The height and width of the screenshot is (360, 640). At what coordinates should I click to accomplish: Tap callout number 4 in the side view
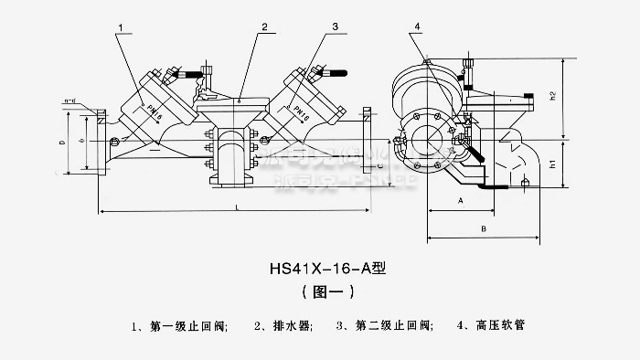click(417, 27)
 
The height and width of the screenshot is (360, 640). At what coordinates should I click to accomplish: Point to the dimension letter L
click(237, 207)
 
